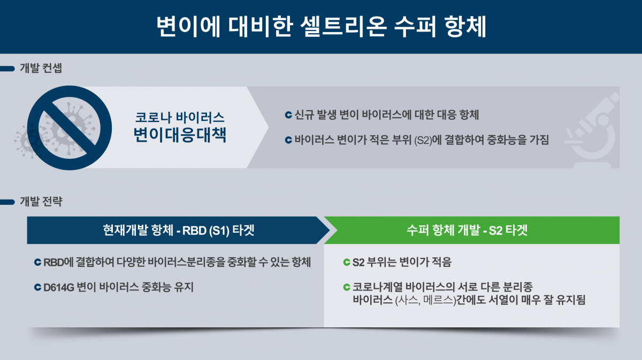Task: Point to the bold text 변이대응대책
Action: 180,135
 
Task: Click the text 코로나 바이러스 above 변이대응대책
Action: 180,117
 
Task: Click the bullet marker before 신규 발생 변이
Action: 288,115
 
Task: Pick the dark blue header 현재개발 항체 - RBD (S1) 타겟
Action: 179,230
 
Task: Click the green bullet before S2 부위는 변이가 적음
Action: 346,263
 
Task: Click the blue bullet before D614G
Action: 37,288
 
